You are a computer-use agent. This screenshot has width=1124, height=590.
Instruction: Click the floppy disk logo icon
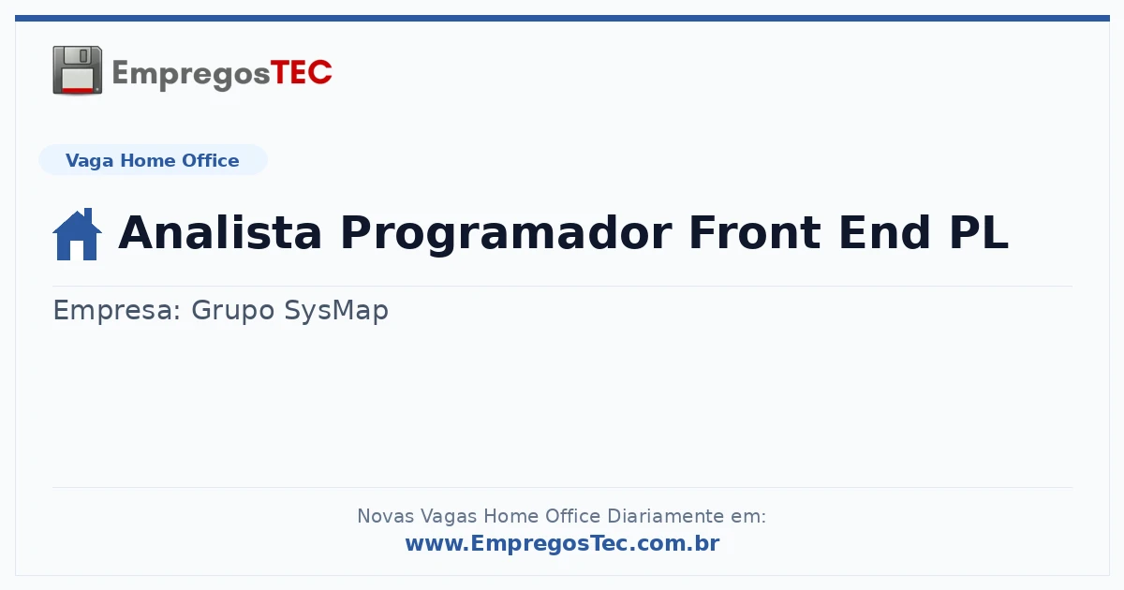coord(77,69)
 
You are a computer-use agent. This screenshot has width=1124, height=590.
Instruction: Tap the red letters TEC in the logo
coord(301,73)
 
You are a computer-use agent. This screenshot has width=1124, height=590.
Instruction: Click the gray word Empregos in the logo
coord(191,75)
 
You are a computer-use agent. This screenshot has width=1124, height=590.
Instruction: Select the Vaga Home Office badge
coord(153,160)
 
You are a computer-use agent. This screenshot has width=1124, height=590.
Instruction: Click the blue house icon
coord(77,234)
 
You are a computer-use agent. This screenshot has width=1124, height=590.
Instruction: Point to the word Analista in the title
coord(220,232)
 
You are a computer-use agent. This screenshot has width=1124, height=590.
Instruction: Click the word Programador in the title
coord(507,235)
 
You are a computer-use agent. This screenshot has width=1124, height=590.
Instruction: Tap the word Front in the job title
coord(755,232)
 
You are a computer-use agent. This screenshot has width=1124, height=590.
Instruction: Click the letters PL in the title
coord(979,232)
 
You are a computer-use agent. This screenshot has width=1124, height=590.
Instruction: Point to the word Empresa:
coord(117,311)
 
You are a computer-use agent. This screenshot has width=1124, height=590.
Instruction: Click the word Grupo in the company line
coord(233,311)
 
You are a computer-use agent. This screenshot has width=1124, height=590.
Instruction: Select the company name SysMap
coord(336,311)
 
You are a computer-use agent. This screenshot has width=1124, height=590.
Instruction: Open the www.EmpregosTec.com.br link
coord(563,543)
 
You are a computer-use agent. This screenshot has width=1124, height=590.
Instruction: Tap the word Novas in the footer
coord(385,516)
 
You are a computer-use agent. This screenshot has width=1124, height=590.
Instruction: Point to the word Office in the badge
coord(210,160)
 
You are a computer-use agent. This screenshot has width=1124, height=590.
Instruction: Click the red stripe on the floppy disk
coord(78,90)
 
